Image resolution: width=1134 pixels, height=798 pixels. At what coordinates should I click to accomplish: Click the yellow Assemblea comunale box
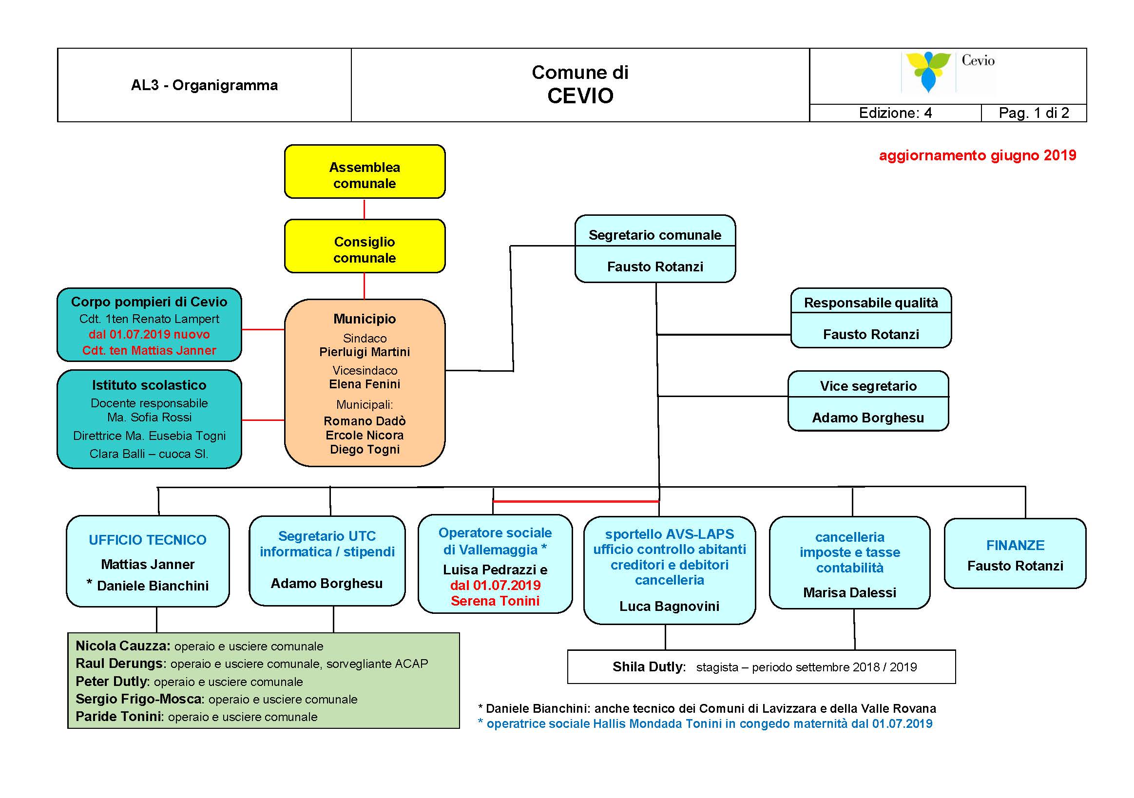click(x=365, y=172)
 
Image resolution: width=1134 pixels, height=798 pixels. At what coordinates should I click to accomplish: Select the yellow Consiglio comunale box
click(x=365, y=246)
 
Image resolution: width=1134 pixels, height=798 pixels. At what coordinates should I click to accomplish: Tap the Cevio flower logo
click(x=927, y=72)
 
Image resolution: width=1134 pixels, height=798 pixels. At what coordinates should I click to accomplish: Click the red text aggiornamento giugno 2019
click(x=978, y=155)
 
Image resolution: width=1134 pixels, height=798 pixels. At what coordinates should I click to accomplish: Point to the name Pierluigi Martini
click(x=365, y=352)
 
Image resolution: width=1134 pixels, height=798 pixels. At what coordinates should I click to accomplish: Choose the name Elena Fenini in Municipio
click(x=365, y=384)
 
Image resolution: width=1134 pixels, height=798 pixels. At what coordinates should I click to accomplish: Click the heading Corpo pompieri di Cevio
click(x=149, y=302)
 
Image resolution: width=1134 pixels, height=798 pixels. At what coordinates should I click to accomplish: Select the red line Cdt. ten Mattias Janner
click(x=149, y=350)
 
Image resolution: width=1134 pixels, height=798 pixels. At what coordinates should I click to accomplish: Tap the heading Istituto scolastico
click(x=149, y=385)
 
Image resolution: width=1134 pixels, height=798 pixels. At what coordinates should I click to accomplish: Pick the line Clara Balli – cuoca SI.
click(x=149, y=454)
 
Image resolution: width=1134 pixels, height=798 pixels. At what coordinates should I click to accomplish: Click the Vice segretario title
click(x=868, y=386)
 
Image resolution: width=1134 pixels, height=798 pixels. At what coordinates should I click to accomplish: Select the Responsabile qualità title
click(x=871, y=303)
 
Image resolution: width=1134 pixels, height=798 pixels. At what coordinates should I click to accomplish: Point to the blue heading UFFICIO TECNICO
click(x=148, y=540)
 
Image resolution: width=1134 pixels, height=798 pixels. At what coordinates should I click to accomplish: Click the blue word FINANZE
click(x=1016, y=545)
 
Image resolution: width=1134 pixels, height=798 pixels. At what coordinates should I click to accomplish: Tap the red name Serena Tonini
click(x=495, y=601)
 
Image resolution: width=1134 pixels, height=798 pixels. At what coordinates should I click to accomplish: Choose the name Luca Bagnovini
click(x=669, y=606)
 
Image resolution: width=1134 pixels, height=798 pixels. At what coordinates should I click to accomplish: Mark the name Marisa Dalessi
click(x=849, y=592)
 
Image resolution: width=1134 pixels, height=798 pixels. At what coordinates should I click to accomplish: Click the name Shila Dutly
click(x=649, y=666)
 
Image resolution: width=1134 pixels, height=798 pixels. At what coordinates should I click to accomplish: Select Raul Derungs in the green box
click(x=119, y=663)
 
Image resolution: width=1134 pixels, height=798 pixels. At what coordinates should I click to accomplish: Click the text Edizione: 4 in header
click(x=895, y=113)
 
